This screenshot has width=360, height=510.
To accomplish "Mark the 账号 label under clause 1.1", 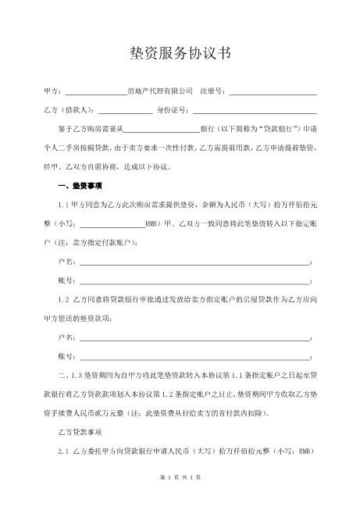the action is [66, 280].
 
